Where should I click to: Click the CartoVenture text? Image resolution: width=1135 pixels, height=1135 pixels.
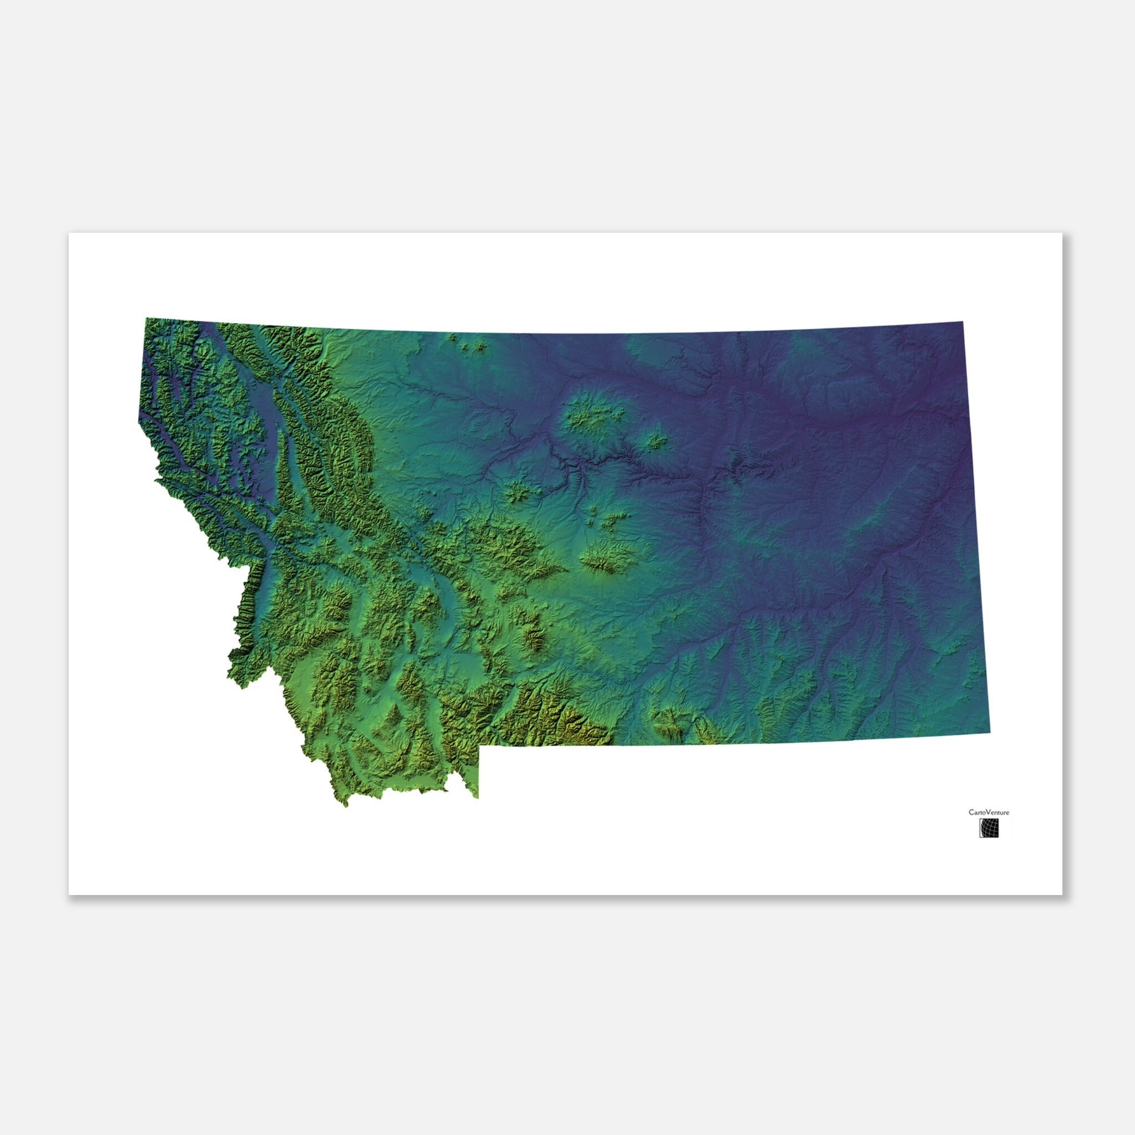[x=989, y=812]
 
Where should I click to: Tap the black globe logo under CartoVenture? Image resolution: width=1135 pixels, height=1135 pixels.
[x=989, y=829]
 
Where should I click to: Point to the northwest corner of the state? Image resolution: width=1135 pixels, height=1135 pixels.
[x=146, y=319]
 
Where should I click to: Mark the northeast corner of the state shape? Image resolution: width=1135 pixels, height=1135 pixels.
[x=962, y=322]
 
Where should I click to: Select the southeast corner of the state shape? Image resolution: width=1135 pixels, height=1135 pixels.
[x=990, y=734]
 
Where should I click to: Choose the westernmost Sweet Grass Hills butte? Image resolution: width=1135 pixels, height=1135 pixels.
[x=452, y=338]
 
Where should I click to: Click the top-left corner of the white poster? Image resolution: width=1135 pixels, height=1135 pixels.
[x=69, y=233]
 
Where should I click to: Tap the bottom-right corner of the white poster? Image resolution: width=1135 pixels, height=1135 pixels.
[x=1062, y=894]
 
